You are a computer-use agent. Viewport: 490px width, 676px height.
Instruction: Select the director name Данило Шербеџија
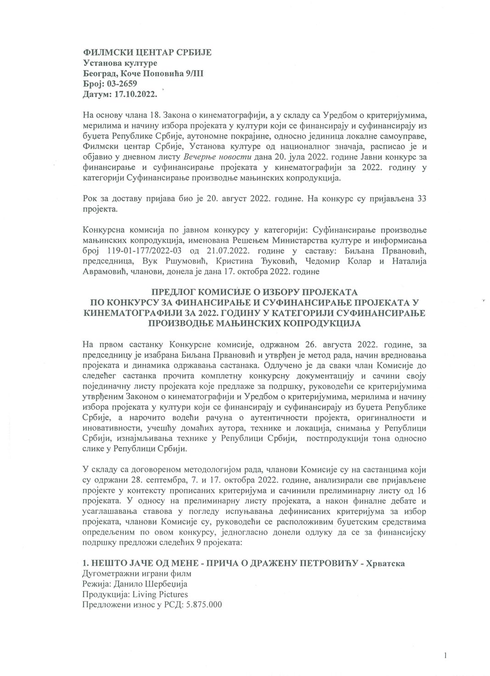tap(146, 584)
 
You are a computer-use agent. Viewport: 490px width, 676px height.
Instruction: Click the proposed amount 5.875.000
tap(203, 604)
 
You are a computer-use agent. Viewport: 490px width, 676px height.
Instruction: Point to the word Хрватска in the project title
tap(385, 563)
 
